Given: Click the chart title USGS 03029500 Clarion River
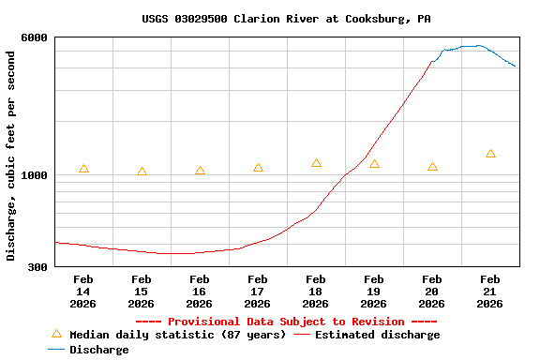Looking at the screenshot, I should point(286,19).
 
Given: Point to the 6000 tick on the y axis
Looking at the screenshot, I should point(36,37).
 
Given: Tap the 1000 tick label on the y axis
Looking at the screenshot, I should point(36,175).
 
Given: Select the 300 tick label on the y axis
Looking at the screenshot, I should point(38,267).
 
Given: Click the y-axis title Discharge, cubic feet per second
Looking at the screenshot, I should point(11,156).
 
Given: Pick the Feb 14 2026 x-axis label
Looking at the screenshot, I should point(83,292).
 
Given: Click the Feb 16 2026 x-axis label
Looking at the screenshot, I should point(200,292).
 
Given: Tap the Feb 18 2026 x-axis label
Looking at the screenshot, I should point(316,292).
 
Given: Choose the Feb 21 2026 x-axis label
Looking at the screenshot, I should point(490,292).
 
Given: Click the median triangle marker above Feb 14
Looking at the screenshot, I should point(83,169).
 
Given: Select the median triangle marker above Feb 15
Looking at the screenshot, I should point(142,172).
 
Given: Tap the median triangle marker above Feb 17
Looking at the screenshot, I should point(258,168).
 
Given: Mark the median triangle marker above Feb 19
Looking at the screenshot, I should point(374,164).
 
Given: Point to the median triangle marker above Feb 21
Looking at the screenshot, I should point(490,154).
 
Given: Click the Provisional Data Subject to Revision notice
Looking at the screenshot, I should point(286,322).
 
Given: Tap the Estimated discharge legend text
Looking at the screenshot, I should point(377,335).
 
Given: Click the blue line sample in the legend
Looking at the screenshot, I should point(56,350).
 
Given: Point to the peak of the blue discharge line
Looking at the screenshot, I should point(478,45).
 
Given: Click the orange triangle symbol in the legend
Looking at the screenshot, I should point(56,334).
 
